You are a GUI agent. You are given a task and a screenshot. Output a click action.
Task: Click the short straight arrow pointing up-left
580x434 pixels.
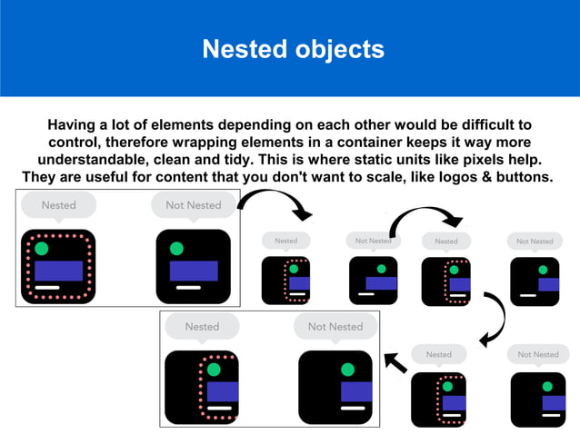click(395, 362)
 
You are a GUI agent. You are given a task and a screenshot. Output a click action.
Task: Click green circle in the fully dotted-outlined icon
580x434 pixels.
click(41, 249)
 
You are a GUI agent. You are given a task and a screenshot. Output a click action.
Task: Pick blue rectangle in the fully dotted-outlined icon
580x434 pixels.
click(58, 271)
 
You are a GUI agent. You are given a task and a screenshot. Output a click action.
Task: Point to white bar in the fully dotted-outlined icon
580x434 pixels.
click(47, 288)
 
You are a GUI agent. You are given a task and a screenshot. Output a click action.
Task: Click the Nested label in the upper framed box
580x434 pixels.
click(58, 205)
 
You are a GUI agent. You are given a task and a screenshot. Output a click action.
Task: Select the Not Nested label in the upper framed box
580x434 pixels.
click(193, 205)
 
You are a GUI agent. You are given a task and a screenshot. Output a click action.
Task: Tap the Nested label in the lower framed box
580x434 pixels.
click(202, 327)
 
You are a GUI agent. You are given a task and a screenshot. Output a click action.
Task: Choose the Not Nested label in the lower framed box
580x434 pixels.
click(335, 327)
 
